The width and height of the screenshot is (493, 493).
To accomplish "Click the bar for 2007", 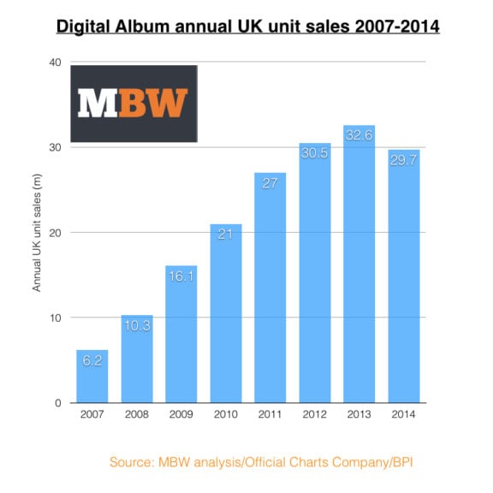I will click(92, 377).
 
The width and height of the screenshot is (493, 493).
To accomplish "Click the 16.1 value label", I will click(181, 277).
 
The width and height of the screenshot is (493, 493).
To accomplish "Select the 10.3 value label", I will click(137, 327).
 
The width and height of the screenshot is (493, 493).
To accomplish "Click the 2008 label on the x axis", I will click(137, 416).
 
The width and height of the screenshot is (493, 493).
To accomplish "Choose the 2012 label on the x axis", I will click(314, 416).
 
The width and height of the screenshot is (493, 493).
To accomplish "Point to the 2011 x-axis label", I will click(270, 416).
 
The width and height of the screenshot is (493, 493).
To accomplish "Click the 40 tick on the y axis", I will click(54, 62).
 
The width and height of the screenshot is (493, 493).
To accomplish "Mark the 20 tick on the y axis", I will click(54, 233).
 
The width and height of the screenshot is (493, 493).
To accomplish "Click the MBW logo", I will click(134, 103).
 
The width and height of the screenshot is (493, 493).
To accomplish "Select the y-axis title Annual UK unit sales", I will click(38, 233).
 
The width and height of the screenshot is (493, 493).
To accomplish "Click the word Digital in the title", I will click(86, 27).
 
